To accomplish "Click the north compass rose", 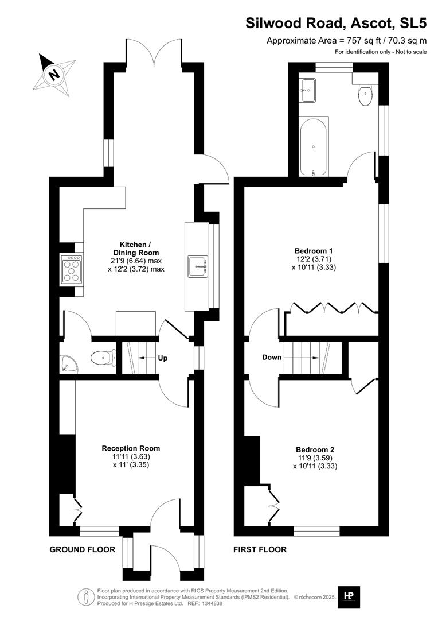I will [x=54, y=74].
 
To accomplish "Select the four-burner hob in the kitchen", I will [x=71, y=269].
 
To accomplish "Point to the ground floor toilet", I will [x=102, y=359].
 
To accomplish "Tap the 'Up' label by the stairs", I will [x=162, y=358].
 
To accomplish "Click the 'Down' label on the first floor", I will [x=272, y=357].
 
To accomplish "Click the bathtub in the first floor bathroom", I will [x=314, y=147].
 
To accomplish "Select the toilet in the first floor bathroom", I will [x=365, y=96].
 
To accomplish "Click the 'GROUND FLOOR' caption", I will [x=82, y=549].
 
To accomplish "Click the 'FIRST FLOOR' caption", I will [x=260, y=549].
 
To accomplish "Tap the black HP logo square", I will [x=348, y=595].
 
